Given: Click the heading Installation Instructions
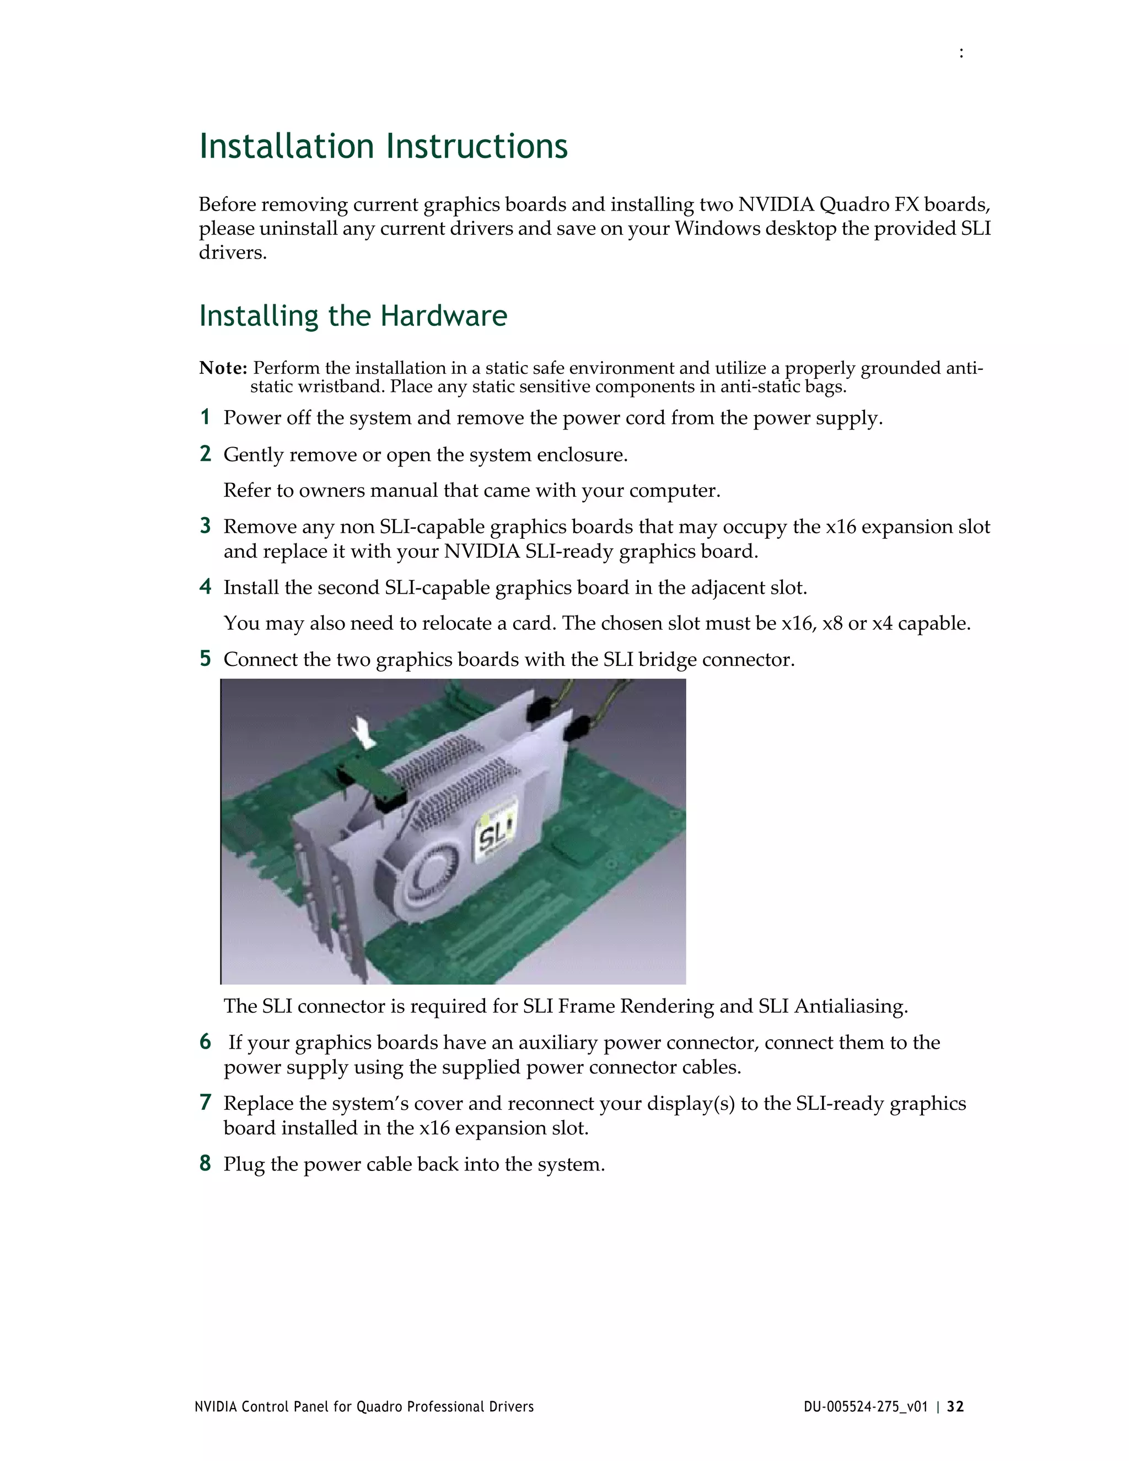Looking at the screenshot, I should [383, 147].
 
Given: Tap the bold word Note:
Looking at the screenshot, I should [223, 368].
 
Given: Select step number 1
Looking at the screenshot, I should [205, 417].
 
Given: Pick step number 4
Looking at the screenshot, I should [205, 587].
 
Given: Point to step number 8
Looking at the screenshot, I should [205, 1163].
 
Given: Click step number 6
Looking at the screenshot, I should [205, 1041].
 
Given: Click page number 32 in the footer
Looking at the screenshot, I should [956, 1407].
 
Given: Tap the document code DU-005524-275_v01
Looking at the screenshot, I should [865, 1407].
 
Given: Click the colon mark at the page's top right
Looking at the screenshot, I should [961, 53].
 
